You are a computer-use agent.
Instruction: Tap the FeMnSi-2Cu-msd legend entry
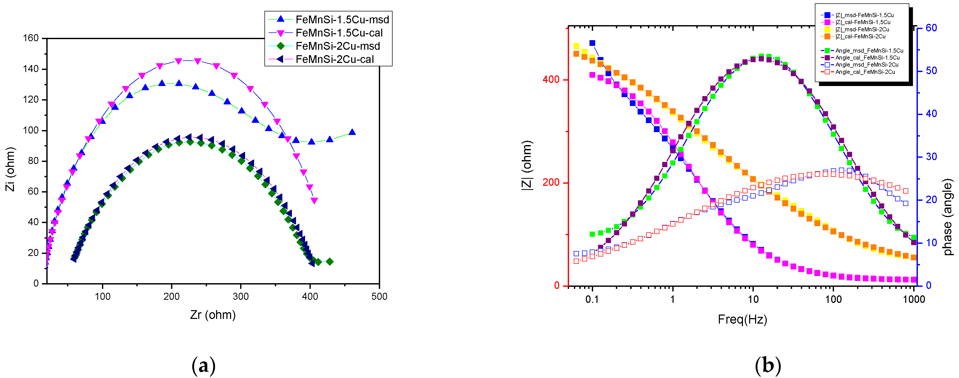[337, 46]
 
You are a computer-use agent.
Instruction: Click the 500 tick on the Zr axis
[379, 297]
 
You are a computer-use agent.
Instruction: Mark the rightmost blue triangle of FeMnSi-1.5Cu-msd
[352, 132]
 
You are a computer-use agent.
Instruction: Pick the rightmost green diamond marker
[329, 262]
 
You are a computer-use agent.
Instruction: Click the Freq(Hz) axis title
[742, 319]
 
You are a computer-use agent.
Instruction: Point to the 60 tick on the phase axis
[931, 28]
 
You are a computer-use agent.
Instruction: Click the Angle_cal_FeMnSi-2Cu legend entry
[865, 72]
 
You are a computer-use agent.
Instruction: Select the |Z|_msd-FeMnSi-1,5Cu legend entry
[864, 15]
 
